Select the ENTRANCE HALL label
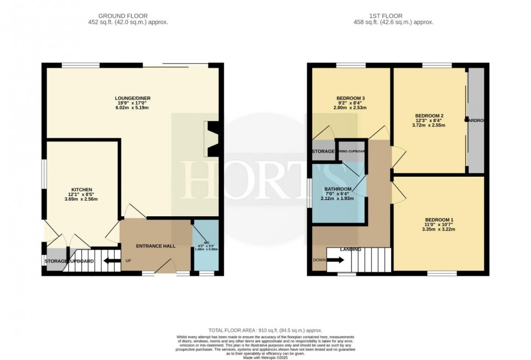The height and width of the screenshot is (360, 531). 155,246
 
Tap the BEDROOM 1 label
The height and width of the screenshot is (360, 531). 438,220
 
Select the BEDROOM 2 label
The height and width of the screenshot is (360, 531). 430,116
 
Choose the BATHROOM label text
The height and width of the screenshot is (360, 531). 339,189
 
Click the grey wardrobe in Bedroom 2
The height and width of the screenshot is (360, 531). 476,120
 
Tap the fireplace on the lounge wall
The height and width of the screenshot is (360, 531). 210,139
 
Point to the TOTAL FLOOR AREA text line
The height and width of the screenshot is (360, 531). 265,330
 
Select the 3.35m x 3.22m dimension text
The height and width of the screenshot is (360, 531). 438,228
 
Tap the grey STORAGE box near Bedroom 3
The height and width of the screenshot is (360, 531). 323,151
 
